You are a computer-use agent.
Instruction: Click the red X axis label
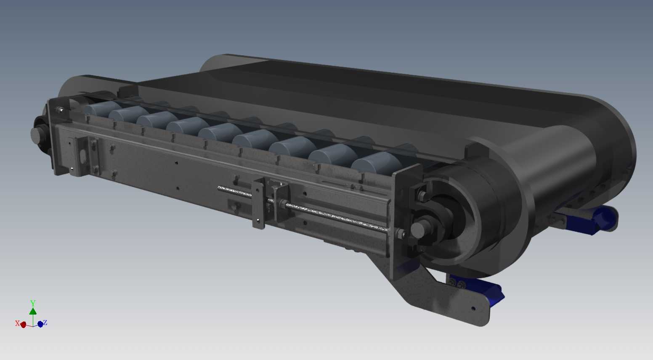pyautogui.click(x=17, y=323)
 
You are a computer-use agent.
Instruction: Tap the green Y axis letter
pyautogui.click(x=33, y=302)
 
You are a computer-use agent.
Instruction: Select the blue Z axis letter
pyautogui.click(x=45, y=323)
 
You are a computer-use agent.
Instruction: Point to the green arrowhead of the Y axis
pyautogui.click(x=33, y=311)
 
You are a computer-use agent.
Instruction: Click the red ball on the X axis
pyautogui.click(x=23, y=325)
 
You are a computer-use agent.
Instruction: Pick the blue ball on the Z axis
pyautogui.click(x=40, y=324)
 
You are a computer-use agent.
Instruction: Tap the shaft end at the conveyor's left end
pyautogui.click(x=37, y=135)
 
